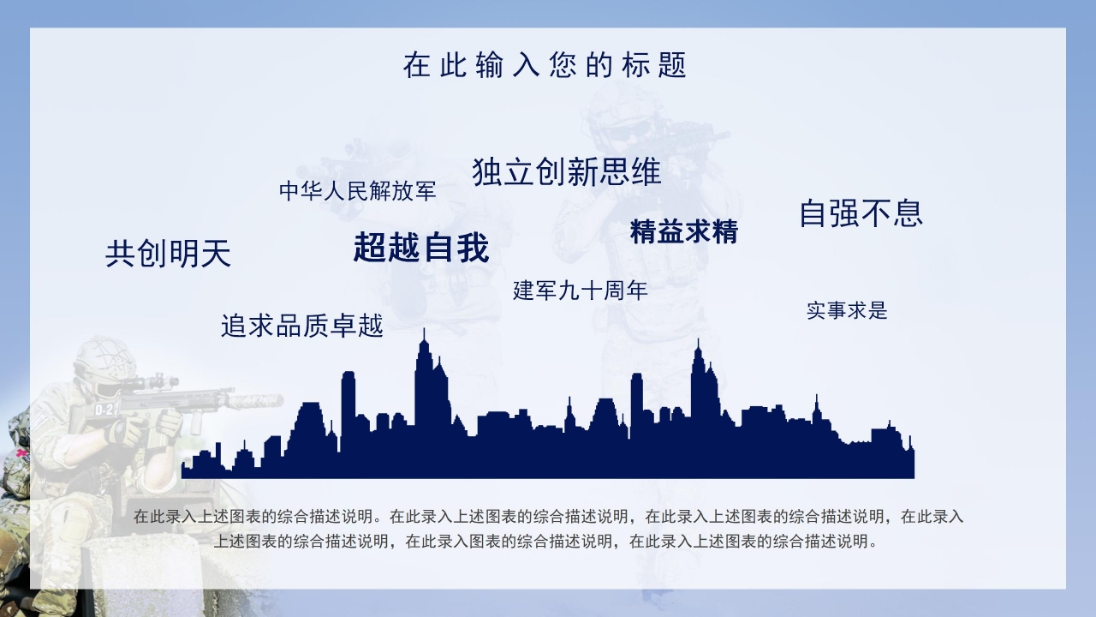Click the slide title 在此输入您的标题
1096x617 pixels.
coord(545,65)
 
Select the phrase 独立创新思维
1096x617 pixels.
coord(566,172)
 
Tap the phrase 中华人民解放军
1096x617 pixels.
coord(357,191)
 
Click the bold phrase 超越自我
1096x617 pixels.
coord(420,248)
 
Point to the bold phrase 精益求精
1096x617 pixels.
coord(683,231)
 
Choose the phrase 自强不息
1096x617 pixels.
coord(861,213)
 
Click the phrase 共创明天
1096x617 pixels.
coord(168,254)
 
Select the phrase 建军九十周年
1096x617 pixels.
coord(580,291)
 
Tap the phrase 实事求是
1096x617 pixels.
coord(846,310)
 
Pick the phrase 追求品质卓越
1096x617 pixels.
coord(301,326)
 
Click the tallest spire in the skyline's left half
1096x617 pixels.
coord(423,338)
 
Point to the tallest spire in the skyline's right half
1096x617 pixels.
coord(698,348)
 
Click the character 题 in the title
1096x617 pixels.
coord(673,65)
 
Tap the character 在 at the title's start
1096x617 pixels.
coord(416,65)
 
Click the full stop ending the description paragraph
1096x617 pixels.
coord(873,542)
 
